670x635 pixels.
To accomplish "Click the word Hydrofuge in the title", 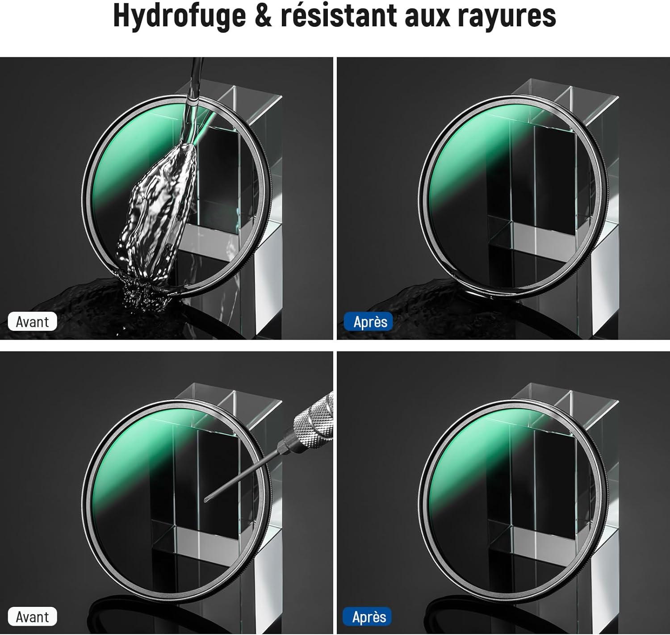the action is pos(179,16).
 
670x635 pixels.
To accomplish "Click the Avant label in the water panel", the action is pos(32,322).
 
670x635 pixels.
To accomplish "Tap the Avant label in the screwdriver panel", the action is pos(32,617).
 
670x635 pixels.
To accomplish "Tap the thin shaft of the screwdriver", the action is pos(242,476).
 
